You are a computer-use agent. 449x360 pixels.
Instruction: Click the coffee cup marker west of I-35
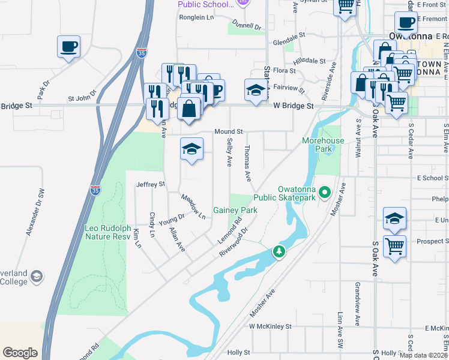[x=69, y=46]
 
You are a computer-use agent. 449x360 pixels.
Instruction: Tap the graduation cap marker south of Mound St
[x=191, y=149]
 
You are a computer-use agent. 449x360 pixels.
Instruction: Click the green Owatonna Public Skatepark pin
[x=325, y=193]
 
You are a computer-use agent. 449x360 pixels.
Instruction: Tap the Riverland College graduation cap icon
[x=36, y=276]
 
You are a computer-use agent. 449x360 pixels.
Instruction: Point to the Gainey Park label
[x=235, y=211]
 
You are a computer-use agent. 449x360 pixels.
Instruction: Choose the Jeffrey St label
[x=150, y=184]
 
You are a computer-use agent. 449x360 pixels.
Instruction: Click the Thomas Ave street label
[x=247, y=163]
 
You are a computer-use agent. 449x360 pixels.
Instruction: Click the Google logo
[x=20, y=353]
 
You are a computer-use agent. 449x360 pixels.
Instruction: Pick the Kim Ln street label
[x=137, y=238]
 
